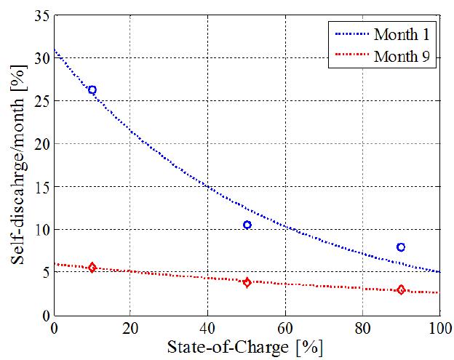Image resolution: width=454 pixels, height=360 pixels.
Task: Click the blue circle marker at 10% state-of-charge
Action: point(92,89)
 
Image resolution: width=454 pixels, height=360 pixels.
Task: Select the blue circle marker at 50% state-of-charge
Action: point(247,225)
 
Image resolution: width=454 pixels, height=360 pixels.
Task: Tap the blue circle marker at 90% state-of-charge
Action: point(401,247)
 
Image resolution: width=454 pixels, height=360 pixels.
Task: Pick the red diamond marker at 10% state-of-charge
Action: point(92,268)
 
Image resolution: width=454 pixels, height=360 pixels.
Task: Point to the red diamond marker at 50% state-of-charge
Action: point(247,282)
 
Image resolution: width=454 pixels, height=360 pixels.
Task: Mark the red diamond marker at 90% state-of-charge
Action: point(401,289)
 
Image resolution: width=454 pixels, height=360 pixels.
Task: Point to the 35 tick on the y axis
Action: point(41,15)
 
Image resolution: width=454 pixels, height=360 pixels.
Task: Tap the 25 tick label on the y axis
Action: point(41,100)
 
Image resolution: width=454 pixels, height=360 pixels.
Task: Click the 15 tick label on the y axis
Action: point(41,186)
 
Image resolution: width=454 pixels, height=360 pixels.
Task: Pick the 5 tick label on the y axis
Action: point(44,272)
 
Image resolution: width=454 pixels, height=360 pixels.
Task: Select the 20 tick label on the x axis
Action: point(131,327)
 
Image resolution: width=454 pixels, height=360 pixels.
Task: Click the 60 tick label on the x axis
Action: point(285,327)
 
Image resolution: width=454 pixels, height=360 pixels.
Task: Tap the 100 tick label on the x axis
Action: point(439,327)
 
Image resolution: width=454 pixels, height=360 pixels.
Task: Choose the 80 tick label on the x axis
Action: point(362,327)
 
